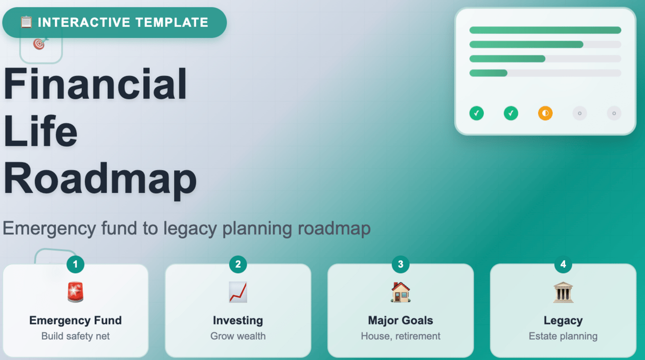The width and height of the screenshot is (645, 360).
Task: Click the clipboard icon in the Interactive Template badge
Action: point(26,22)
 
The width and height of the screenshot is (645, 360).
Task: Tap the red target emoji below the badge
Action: point(40,44)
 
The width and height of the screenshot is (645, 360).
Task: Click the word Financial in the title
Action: point(95,83)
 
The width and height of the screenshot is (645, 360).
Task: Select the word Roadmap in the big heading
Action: point(100,179)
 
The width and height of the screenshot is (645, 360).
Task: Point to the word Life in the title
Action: point(40,131)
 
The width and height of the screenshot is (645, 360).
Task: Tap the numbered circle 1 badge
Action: point(75,264)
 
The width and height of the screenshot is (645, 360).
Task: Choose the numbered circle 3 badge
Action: point(400,264)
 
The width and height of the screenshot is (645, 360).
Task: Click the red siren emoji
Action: point(75,292)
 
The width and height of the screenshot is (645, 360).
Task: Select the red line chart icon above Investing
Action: point(238,292)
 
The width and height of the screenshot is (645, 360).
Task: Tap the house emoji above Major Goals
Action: point(400,292)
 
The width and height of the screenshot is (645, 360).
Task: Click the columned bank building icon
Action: point(563,292)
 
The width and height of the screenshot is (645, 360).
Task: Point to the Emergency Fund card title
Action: point(75,321)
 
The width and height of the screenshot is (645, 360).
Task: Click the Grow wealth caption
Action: point(238,336)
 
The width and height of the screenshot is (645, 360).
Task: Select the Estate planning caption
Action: point(563,337)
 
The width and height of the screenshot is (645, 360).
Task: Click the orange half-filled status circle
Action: point(545,113)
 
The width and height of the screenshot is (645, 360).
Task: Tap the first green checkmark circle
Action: point(477,113)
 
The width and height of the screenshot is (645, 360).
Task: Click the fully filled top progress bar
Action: point(545,30)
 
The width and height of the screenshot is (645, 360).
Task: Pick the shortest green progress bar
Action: point(488,73)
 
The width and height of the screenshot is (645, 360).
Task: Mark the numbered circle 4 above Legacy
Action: point(563,264)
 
